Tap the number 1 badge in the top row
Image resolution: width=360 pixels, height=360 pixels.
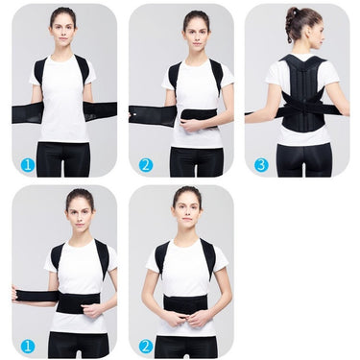click(x=28, y=164)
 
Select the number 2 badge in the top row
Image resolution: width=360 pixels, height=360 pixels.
click(x=145, y=164)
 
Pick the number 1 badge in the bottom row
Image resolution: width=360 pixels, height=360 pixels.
click(x=28, y=345)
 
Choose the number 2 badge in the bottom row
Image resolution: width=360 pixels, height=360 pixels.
click(x=145, y=345)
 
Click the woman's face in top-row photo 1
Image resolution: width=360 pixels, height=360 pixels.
click(x=64, y=27)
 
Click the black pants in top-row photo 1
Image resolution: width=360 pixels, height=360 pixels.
click(x=64, y=158)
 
